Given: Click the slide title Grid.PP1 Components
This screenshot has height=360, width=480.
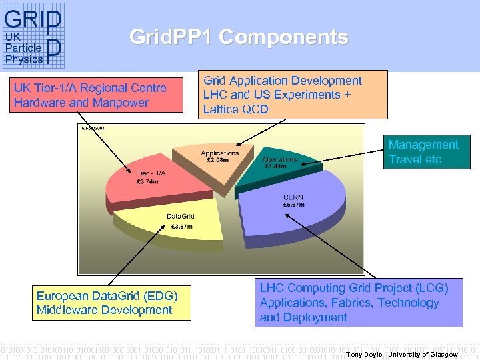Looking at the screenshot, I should pyautogui.click(x=239, y=37).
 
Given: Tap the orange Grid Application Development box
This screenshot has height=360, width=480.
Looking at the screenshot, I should pyautogui.click(x=292, y=95).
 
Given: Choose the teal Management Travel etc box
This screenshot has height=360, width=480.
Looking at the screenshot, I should pyautogui.click(x=429, y=152).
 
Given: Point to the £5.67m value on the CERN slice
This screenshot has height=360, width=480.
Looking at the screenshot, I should pyautogui.click(x=294, y=205).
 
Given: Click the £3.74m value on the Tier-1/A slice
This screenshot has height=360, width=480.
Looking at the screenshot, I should pyautogui.click(x=147, y=181).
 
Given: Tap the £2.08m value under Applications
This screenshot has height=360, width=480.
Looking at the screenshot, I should pyautogui.click(x=218, y=160).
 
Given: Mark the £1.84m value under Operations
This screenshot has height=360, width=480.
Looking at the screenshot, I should pyautogui.click(x=276, y=166).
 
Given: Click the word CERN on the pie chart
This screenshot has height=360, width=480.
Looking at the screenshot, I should pyautogui.click(x=294, y=197).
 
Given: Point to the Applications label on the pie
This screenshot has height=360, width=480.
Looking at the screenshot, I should pyautogui.click(x=219, y=153).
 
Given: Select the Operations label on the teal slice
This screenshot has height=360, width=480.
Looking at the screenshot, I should pyautogui.click(x=279, y=159).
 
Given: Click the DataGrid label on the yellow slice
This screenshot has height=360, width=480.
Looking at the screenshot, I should pyautogui.click(x=180, y=216).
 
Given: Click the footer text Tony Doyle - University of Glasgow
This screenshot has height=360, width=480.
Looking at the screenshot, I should pyautogui.click(x=402, y=354).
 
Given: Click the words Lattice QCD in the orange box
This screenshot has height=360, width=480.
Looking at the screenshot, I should pyautogui.click(x=236, y=109).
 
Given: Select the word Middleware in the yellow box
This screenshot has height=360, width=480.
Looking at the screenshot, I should pyautogui.click(x=67, y=310).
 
